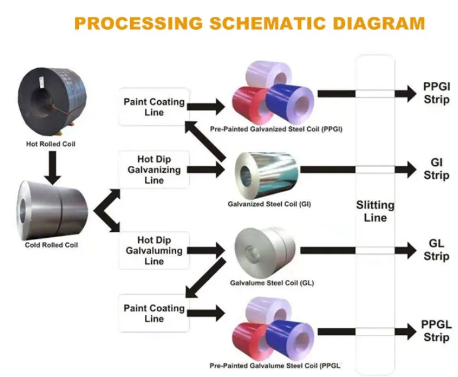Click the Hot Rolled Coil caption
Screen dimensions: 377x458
[51, 143]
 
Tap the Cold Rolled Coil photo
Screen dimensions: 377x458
[52, 208]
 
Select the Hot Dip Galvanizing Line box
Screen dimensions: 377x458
[154, 170]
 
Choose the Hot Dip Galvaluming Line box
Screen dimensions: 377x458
[154, 251]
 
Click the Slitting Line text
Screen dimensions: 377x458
[375, 212]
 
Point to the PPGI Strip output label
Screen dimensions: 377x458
[437, 93]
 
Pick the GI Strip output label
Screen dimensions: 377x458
[437, 170]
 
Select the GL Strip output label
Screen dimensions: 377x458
[437, 251]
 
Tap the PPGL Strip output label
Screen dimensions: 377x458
[437, 331]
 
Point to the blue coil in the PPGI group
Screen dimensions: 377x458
[290, 98]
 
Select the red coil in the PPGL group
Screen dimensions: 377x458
[252, 340]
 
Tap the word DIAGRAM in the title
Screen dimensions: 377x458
[375, 24]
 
